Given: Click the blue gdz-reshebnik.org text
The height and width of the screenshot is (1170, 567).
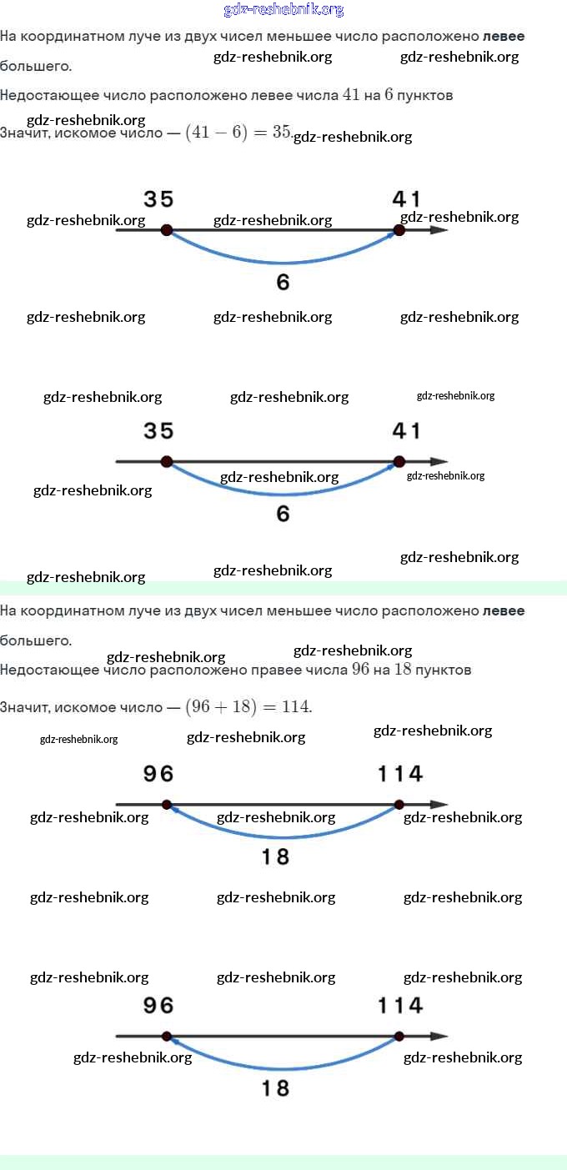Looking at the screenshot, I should pos(283,10).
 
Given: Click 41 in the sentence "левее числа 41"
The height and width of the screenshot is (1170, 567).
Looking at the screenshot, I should pos(351,95).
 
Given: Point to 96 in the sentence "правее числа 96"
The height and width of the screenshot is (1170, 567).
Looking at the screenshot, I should pos(360,670).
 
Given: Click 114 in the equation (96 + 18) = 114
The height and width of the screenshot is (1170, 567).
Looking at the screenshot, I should pos(295,707).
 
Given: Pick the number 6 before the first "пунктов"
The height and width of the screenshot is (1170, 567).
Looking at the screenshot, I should pos(389,95).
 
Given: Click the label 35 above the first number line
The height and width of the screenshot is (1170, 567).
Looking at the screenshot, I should pos(158,199).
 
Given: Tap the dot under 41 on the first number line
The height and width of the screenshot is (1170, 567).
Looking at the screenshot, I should pos(399,229).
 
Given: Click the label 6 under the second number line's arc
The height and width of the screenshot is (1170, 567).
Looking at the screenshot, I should pos(283,514).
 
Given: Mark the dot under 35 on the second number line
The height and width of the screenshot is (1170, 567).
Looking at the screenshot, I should pos(167,461).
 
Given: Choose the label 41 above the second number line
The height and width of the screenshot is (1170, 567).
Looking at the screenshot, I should pos(407,431).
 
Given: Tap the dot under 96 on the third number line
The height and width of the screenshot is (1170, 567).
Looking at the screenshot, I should pos(167,805).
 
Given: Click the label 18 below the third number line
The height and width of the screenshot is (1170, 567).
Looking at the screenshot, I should pos(275,856).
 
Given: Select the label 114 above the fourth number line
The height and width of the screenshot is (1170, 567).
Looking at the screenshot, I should pos(400,1006).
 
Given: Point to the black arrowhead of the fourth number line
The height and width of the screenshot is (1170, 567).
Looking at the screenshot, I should pos(439,1037).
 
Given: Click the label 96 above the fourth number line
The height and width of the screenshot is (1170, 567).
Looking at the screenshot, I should pos(158,1006).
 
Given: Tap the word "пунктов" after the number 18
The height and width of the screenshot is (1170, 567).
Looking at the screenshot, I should pos(444,670).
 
